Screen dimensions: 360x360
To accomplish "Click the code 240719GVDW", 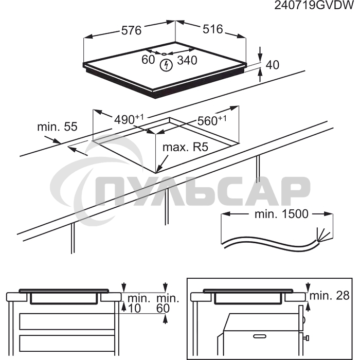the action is tap(314, 5).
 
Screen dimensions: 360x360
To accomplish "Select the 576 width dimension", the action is tap(131, 30).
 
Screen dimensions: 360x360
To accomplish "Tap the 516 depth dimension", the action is tap(213, 29).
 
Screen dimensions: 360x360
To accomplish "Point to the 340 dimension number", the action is tap(187, 60).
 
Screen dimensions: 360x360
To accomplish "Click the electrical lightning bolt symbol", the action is tap(166, 65).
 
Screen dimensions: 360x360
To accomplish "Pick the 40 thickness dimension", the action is tap(273, 65).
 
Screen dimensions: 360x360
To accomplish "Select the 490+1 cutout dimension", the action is tap(129, 119).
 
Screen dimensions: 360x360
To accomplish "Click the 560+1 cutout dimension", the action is tap(212, 120).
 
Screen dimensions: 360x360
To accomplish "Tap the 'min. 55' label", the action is tap(58, 127).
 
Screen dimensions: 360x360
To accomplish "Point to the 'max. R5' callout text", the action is tap(185, 147).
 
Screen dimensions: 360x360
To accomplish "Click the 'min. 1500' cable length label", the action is tap(281, 214).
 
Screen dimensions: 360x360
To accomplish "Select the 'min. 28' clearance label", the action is tap(330, 296).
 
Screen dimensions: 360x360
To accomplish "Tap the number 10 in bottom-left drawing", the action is tap(134, 309).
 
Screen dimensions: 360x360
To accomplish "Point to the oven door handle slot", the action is tap(260, 336).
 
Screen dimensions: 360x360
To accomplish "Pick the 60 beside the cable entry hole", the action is tap(148, 60).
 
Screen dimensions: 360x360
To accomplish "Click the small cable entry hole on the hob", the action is tap(164, 54).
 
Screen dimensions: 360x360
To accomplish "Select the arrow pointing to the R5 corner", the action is tap(162, 164).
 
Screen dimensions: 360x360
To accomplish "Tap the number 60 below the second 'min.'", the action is tap(163, 309).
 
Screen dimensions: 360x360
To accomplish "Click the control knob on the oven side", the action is tap(307, 338).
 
